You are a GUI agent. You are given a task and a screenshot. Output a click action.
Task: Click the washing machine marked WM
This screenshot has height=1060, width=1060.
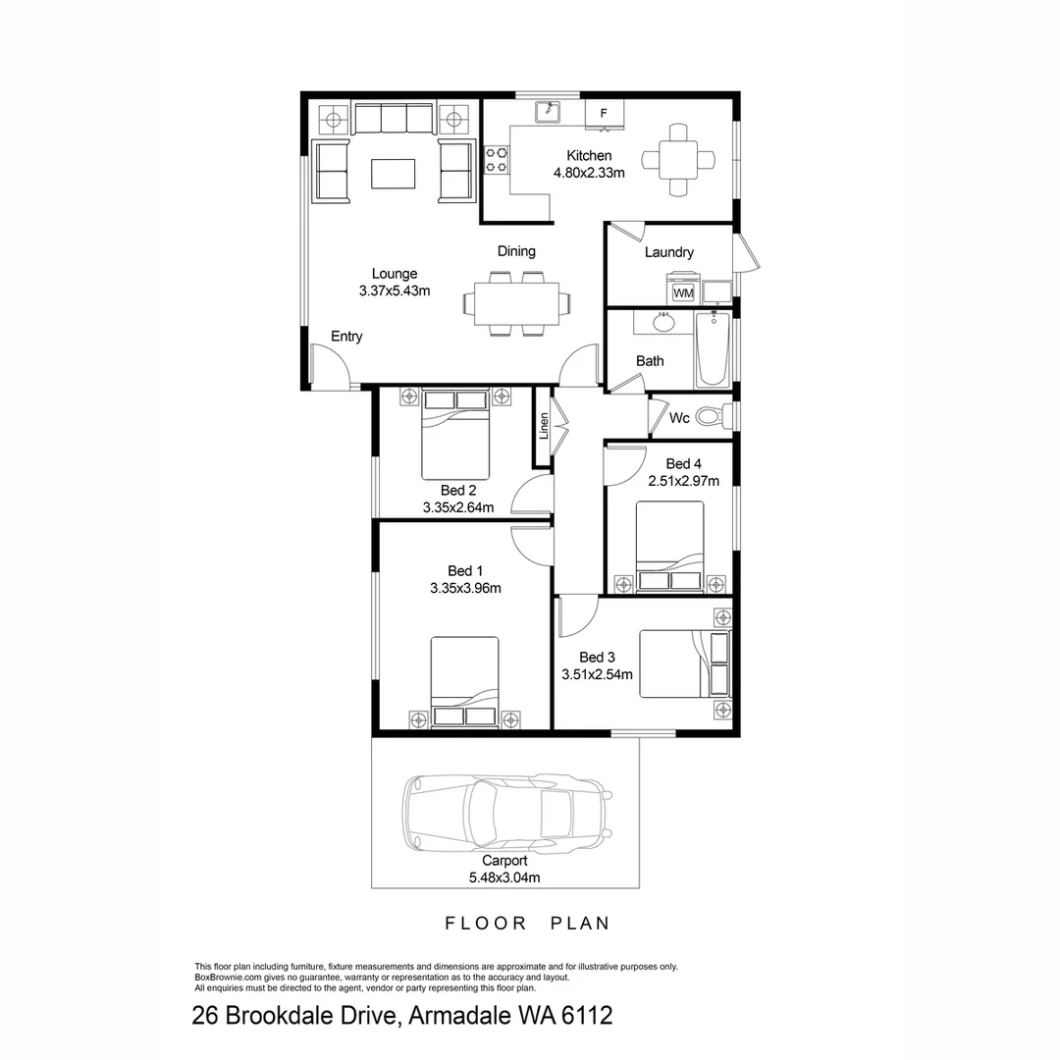[x=683, y=291]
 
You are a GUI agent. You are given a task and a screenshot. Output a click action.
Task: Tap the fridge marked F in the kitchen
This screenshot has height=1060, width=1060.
[x=604, y=114]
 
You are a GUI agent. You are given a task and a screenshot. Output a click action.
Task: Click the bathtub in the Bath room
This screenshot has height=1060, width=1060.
[x=712, y=350]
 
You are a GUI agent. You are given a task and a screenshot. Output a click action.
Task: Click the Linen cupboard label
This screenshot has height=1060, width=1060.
[x=543, y=427]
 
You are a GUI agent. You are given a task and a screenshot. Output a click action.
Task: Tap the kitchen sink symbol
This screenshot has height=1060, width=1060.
[x=548, y=112]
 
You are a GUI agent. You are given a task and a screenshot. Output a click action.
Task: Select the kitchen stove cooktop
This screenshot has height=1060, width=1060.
[x=497, y=160]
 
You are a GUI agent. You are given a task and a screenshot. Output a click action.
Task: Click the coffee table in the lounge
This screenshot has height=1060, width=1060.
[x=393, y=174]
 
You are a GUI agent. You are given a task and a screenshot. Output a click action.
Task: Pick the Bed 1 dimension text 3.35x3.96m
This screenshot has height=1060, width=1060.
[x=465, y=589]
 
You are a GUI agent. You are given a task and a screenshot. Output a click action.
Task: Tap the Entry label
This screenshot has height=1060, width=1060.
[x=346, y=337]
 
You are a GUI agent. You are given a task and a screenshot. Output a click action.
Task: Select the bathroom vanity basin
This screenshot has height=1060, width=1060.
[x=664, y=321]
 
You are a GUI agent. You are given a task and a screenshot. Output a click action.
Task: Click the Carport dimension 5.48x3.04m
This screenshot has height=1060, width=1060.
[x=504, y=877]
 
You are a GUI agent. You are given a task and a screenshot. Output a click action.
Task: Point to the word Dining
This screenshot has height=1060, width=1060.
[x=516, y=251]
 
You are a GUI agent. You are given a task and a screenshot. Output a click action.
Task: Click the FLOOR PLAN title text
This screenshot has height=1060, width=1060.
[x=528, y=924]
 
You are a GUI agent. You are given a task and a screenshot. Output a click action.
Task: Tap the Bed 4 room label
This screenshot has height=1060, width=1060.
[x=683, y=463]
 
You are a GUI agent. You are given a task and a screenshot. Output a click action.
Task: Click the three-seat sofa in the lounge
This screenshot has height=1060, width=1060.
[x=393, y=120]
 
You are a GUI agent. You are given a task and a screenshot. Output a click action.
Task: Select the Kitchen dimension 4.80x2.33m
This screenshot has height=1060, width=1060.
[x=589, y=173]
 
